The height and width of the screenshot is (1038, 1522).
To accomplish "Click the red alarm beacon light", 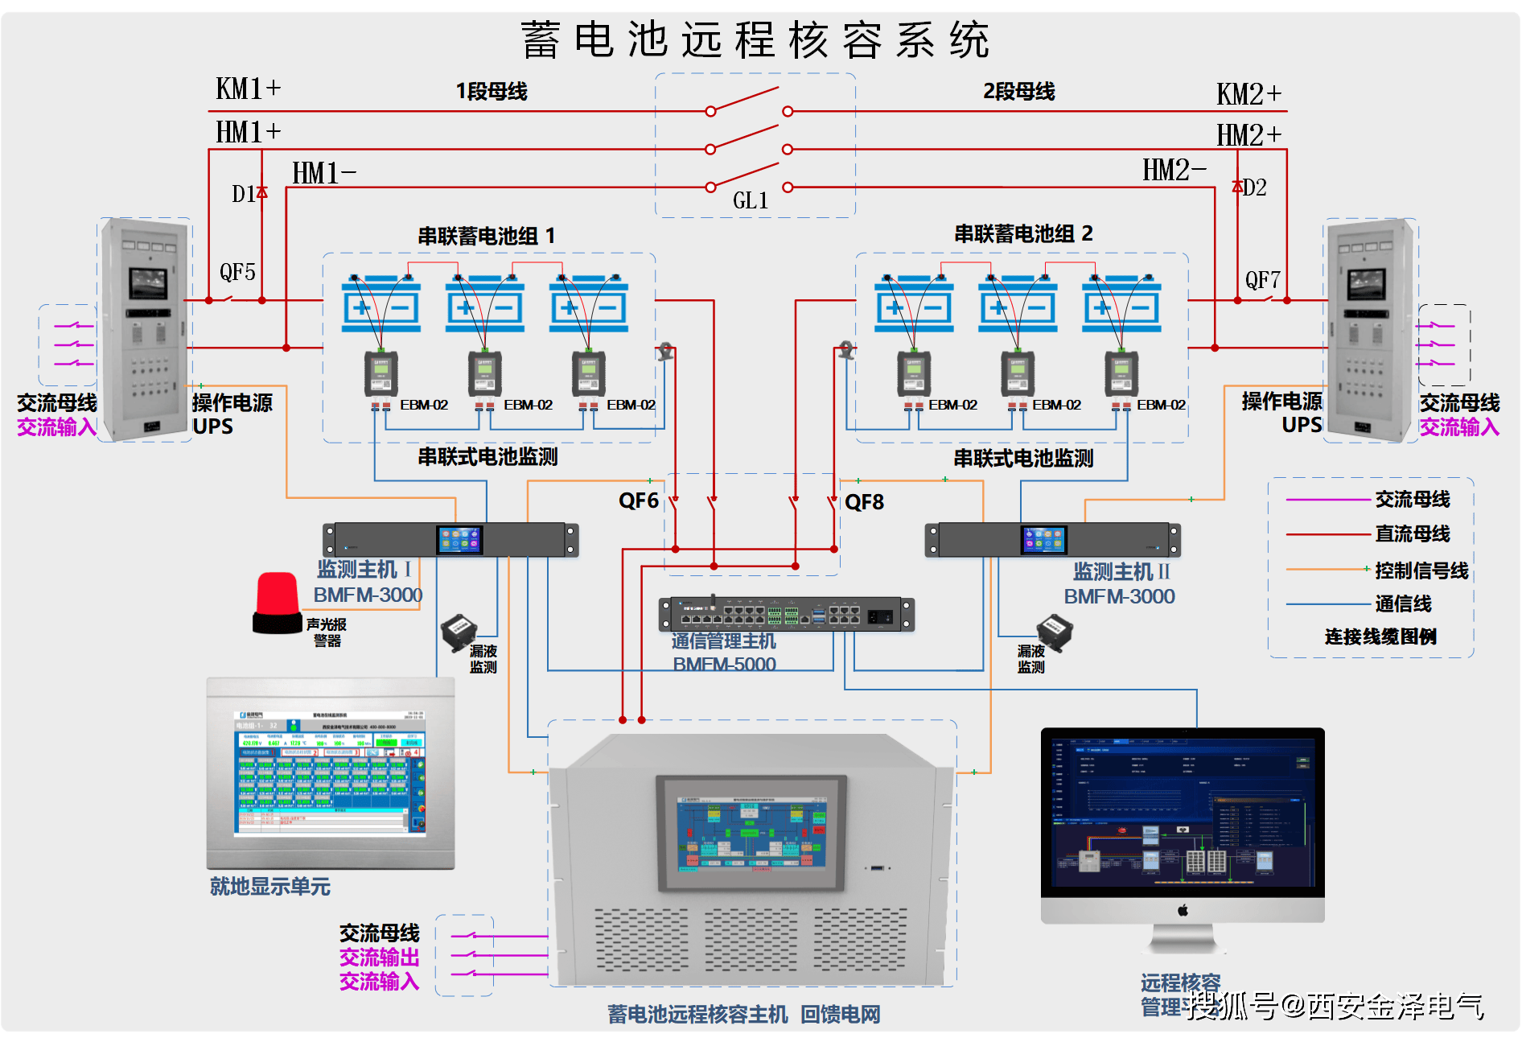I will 278,602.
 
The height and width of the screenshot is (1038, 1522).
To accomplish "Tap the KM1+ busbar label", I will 248,89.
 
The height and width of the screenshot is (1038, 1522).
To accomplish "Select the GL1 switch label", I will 750,200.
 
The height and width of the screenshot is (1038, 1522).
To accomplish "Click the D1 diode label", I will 243,194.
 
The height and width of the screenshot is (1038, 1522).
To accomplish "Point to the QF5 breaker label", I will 237,272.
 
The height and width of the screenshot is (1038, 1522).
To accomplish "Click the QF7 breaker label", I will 1262,280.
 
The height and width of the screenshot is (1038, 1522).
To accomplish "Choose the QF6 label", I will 638,501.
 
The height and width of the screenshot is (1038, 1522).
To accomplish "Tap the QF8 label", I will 864,502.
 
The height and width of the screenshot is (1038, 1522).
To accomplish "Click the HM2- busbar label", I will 1174,170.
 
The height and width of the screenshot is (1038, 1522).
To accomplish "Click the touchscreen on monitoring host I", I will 459,540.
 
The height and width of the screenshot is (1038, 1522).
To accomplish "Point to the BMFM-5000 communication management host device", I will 786,615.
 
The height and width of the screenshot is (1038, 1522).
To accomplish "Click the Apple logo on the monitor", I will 1183,910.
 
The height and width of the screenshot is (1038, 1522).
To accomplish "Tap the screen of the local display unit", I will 330,772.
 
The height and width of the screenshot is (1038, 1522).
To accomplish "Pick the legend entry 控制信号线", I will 1421,570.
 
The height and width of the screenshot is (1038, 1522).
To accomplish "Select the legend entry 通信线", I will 1402,603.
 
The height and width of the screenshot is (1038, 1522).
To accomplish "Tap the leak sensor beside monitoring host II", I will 1054,632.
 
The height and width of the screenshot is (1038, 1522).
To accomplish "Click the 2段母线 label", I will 1018,92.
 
